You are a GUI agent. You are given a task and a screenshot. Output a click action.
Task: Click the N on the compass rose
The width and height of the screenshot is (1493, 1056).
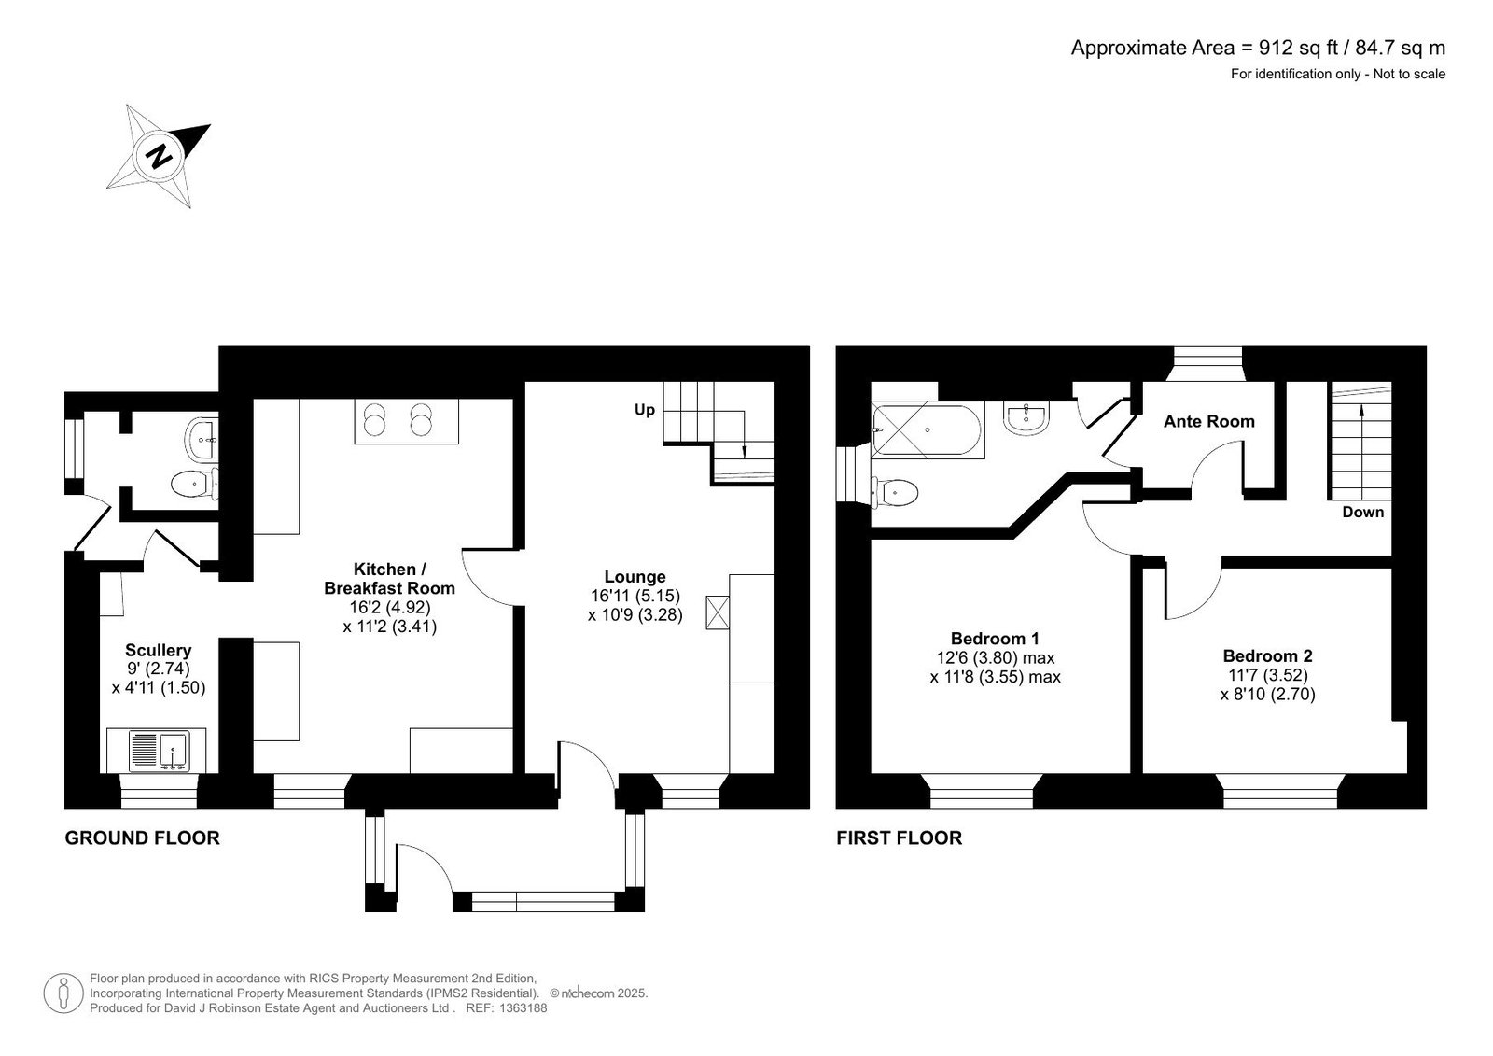click(x=159, y=157)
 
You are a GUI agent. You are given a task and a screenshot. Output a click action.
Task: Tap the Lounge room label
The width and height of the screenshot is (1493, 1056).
click(x=635, y=577)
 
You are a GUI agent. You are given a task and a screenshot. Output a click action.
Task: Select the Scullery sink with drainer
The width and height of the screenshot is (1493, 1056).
click(x=160, y=751)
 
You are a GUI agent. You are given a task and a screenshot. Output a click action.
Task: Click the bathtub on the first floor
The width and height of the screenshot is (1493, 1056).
click(x=928, y=429)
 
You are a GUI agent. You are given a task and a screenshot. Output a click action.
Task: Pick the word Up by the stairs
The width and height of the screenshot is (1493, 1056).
click(x=645, y=410)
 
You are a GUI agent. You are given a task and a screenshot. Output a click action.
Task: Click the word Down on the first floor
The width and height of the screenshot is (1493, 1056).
click(x=1363, y=512)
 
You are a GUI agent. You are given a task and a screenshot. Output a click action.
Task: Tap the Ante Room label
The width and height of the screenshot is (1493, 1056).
click(x=1209, y=421)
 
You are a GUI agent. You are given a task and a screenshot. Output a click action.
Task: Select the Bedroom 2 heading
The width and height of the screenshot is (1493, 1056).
click(x=1268, y=655)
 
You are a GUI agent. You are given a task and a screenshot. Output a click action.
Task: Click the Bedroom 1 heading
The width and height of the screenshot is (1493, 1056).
click(x=995, y=639)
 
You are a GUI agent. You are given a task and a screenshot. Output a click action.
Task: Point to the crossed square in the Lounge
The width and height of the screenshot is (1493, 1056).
click(x=718, y=612)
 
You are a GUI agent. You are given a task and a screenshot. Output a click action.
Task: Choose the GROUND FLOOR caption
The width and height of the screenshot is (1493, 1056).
click(x=142, y=838)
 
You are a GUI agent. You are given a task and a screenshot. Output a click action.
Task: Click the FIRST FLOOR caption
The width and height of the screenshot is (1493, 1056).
click(x=900, y=838)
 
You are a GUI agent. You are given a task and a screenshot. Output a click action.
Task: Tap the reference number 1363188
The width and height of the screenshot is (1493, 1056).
click(x=522, y=1008)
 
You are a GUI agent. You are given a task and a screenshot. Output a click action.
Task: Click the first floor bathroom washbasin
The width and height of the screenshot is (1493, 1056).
click(x=1026, y=418)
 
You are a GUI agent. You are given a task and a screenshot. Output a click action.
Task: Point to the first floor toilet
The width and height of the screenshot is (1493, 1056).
click(x=896, y=493)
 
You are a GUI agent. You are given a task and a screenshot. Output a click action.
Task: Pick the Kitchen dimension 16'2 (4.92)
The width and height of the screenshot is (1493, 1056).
click(x=390, y=607)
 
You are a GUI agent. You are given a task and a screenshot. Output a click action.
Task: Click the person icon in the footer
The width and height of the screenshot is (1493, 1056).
click(x=63, y=993)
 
